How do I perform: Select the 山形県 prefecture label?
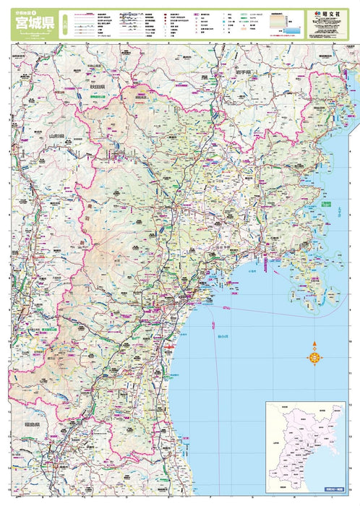(x=56, y=135)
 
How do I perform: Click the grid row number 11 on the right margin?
(x=357, y=404)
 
